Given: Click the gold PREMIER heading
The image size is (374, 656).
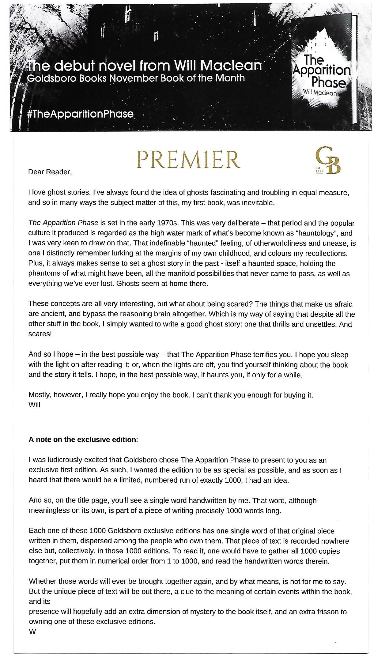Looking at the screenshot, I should [189, 159].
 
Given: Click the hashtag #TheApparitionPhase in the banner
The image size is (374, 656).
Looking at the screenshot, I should [81, 114].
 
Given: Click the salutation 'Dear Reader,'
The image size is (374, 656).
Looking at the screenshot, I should [50, 172].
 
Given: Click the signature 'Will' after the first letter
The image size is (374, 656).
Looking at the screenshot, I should [34, 405].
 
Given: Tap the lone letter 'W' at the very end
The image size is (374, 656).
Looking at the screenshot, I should [32, 631].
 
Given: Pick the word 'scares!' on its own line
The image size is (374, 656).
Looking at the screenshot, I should [40, 334].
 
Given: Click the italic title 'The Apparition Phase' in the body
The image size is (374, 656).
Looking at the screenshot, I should [63, 223].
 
